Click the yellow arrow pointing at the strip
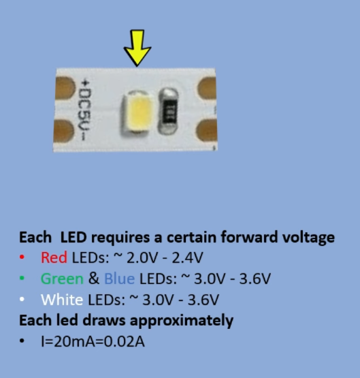point(137,48)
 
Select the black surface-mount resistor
point(169,111)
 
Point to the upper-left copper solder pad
point(65,88)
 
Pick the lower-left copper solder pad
point(63,131)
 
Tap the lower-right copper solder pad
point(206,131)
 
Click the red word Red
point(54,257)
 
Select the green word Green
point(62,279)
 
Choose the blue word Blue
point(120,279)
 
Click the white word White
point(62,300)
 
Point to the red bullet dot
point(22,257)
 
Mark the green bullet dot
point(22,279)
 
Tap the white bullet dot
point(22,300)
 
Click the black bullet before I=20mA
point(22,341)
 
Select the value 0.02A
point(125,341)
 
